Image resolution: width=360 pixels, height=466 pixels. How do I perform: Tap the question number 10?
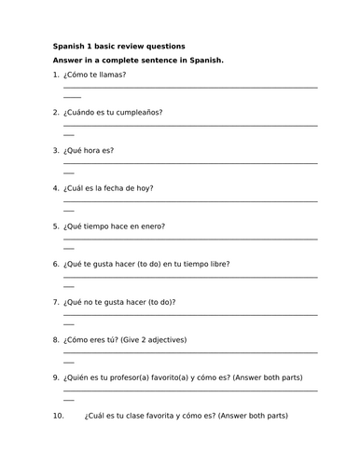(x=59, y=416)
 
